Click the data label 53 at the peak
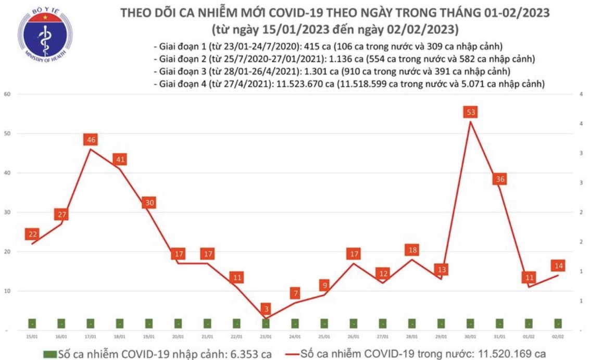pos(471,112)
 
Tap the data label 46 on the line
pos(91,140)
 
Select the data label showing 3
pos(266,309)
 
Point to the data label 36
pos(500,179)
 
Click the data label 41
pos(120,159)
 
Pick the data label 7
pos(295,294)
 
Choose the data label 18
pos(412,250)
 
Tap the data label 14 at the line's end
pos(559,266)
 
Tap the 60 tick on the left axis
pos(7,94)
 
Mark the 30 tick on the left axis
pos(7,213)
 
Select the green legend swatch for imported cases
pos(49,354)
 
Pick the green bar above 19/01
pos(149,324)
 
